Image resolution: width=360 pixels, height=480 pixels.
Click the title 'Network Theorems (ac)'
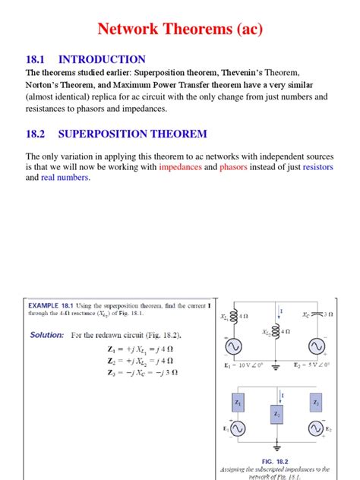tap(179, 30)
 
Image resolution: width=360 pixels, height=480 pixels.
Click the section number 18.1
tap(38, 59)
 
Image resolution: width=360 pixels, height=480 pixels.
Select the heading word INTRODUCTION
tap(102, 59)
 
